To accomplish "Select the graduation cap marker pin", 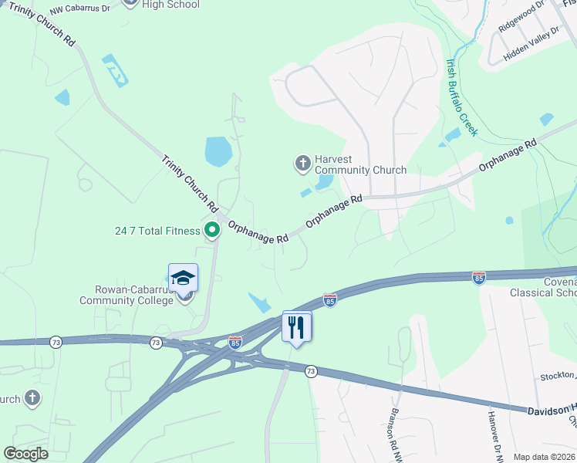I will point(184,277).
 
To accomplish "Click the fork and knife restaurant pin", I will point(296,327).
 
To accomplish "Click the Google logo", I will point(26,454).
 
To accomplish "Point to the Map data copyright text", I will point(544,457).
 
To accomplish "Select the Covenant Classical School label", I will point(543,287).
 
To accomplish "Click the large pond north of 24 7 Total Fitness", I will point(218,151).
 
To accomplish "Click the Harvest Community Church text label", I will point(361,164).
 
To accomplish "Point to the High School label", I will point(171,5).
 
